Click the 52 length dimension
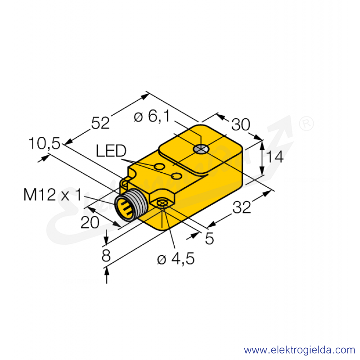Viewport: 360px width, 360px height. pos(100,123)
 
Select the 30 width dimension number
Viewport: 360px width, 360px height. pos(241,125)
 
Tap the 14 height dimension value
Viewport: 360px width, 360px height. pos(274,157)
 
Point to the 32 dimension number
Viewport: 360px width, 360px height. pos(242,207)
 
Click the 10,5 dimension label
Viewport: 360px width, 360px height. pos(45,144)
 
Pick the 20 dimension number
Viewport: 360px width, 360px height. pos(90,222)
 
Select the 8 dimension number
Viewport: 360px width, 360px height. pos(106,256)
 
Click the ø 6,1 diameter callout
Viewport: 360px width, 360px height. pos(152,116)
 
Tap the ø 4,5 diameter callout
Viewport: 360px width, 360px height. pos(176,259)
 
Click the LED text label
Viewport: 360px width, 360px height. pos(111,151)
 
